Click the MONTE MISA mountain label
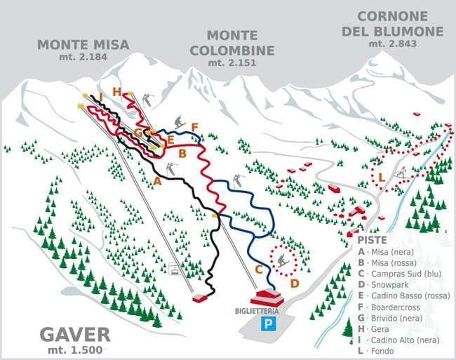83,44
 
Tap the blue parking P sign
267,324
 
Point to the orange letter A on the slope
157,180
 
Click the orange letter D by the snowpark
295,284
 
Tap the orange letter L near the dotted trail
381,178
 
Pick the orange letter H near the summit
116,91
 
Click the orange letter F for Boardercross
195,127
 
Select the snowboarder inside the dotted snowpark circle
283,261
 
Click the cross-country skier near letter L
401,172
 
